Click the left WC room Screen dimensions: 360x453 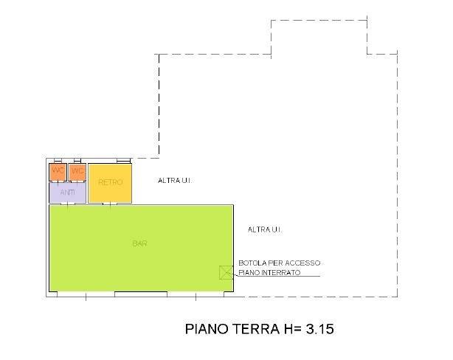point(58,172)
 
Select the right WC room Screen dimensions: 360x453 point(77,172)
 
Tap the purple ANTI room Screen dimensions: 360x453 point(67,193)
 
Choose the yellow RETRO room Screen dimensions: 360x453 point(110,182)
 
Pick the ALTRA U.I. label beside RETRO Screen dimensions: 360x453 point(176,181)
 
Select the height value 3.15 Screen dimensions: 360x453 point(322,328)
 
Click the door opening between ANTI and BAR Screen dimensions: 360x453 point(68,204)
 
